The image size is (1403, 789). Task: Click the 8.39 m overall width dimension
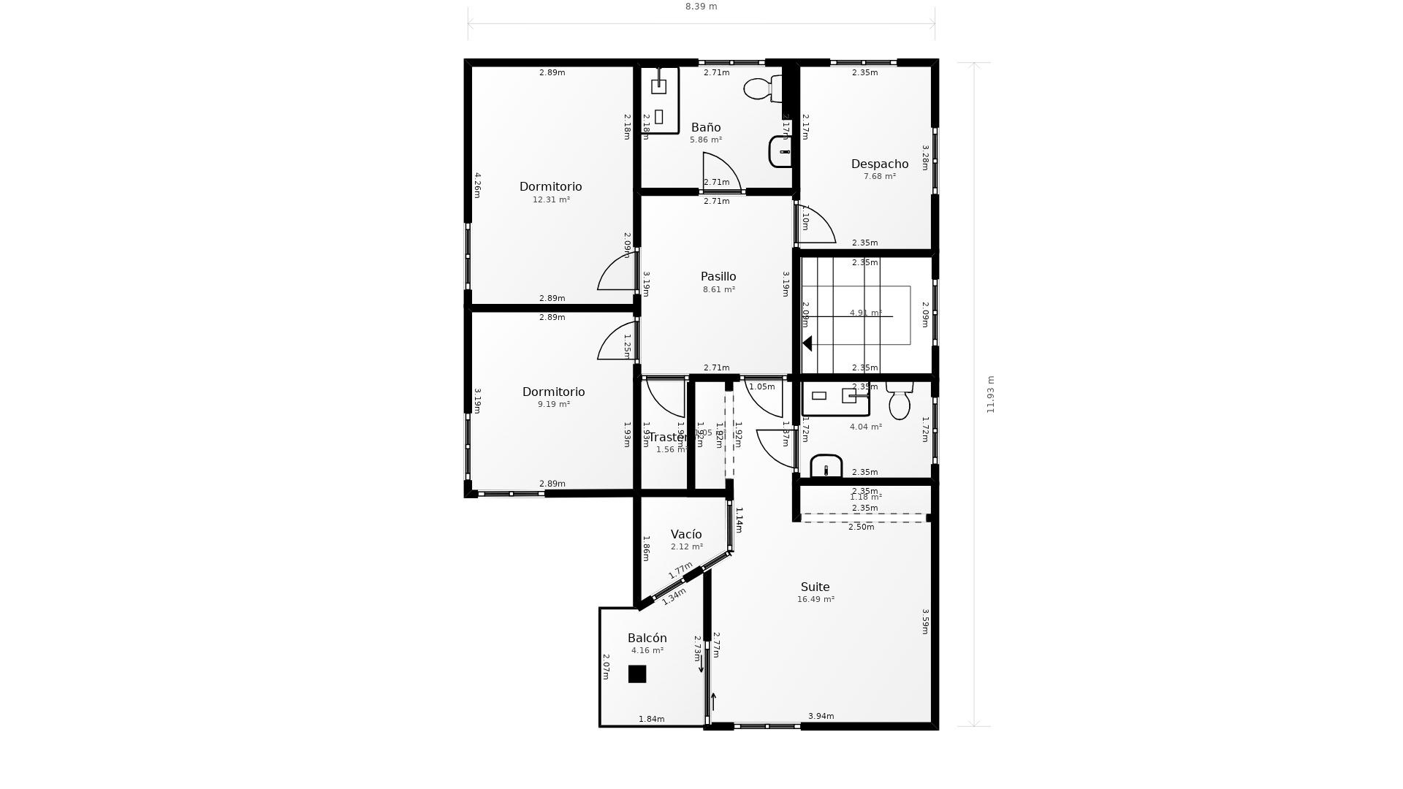click(701, 7)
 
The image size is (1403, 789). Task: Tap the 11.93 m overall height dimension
click(991, 394)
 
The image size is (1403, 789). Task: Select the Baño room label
click(706, 127)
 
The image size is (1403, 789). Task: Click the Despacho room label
click(880, 164)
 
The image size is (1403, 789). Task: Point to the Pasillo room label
click(718, 276)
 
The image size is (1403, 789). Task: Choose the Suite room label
click(815, 587)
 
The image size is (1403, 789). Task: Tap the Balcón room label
click(647, 638)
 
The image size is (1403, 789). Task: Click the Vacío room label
click(686, 534)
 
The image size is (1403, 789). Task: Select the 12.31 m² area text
click(551, 199)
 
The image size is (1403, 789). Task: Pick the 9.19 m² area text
click(554, 404)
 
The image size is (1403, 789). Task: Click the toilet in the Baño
click(760, 89)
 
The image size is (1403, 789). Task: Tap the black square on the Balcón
click(637, 674)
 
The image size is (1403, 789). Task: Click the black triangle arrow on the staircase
click(807, 343)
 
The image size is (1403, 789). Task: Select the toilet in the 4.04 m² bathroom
click(900, 402)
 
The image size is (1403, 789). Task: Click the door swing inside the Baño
click(720, 170)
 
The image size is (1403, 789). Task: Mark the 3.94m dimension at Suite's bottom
click(821, 716)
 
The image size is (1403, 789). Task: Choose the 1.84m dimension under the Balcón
click(651, 719)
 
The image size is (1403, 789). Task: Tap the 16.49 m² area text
click(815, 599)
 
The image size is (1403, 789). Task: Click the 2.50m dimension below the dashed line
click(861, 527)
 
